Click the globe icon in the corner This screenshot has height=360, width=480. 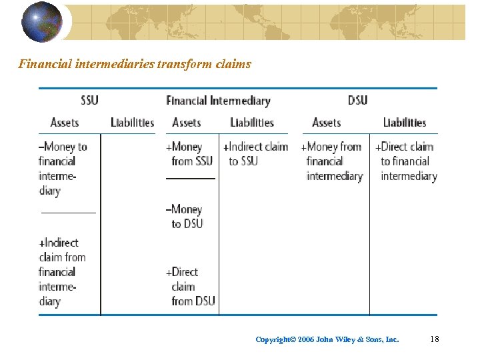coord(41,21)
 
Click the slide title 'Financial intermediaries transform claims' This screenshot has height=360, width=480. coord(135,64)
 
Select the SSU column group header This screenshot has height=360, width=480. coord(89,100)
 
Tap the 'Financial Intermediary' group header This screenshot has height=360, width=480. coord(218,101)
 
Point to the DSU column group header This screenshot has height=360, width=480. coord(357,100)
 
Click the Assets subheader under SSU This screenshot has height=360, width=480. coord(65,123)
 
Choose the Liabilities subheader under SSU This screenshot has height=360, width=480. coord(132,123)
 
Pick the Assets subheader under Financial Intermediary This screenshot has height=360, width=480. coord(186,123)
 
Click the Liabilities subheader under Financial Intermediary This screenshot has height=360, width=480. coord(252,123)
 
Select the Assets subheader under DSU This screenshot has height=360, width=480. coord(327,123)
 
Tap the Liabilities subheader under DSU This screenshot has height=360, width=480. coord(404,123)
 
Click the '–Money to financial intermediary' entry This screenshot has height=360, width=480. coord(63,169)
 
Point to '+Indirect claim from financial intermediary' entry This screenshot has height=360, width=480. coord(62,272)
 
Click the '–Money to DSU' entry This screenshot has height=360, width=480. coord(186,217)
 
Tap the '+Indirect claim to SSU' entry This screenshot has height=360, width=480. coord(256,154)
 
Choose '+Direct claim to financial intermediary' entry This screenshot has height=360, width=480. coord(406,161)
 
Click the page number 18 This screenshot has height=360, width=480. coord(435,339)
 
